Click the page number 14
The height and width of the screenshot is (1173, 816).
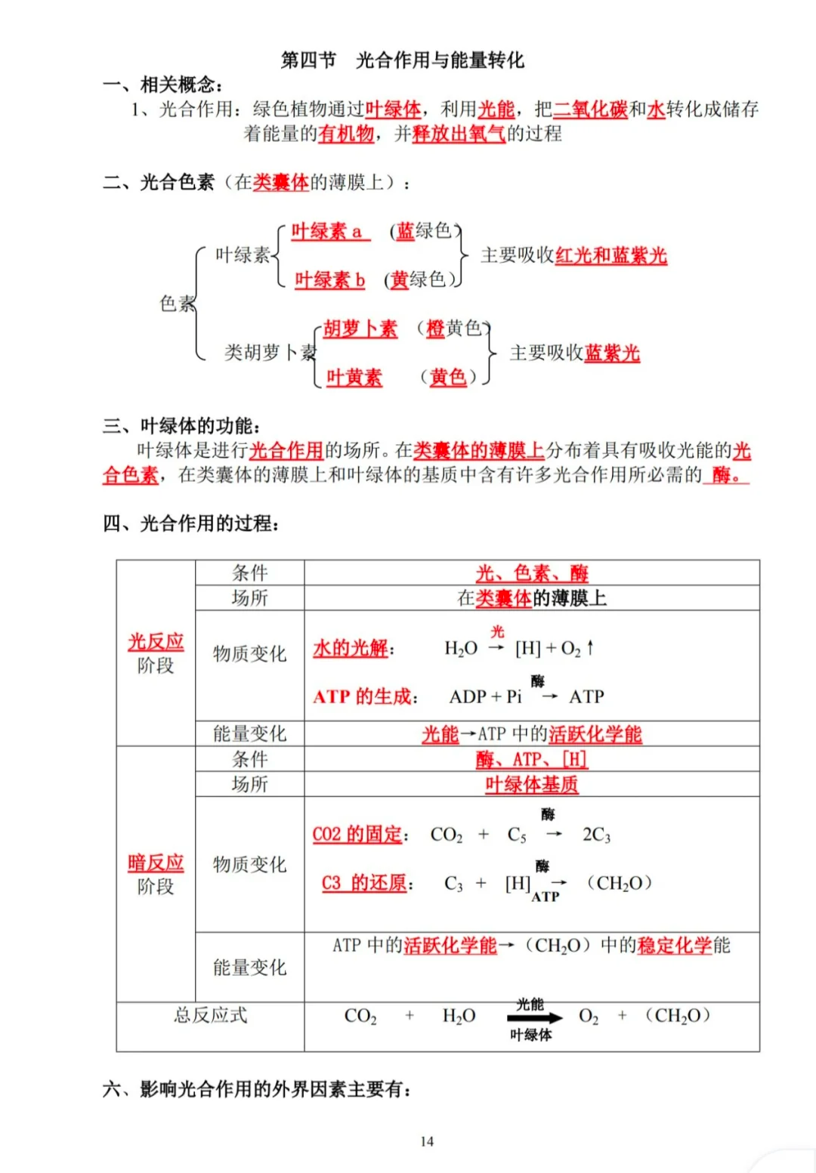click(427, 1141)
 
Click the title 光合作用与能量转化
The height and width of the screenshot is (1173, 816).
click(440, 60)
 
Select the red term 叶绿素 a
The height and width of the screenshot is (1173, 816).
click(326, 231)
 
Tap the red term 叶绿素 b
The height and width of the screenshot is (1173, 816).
click(329, 280)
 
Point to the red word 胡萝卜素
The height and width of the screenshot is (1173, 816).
click(360, 329)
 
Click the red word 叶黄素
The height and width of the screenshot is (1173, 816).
click(354, 377)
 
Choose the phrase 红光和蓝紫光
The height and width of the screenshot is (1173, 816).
click(610, 255)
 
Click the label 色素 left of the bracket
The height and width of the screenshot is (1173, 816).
click(177, 304)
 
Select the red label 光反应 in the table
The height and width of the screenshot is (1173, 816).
click(156, 641)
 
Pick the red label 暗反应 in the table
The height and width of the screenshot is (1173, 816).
click(156, 863)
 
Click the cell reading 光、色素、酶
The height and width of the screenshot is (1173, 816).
click(531, 573)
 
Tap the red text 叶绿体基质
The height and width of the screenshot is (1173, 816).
click(531, 785)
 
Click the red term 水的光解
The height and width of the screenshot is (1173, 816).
click(351, 648)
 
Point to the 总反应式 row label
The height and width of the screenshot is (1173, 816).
click(210, 1015)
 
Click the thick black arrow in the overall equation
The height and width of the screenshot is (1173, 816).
click(534, 1018)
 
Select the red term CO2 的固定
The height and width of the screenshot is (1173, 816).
click(357, 835)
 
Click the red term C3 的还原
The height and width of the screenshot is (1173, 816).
click(364, 883)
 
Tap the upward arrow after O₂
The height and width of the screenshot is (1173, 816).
click(590, 647)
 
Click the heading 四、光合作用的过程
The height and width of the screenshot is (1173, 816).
click(190, 523)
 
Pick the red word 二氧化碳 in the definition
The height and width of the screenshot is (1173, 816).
click(590, 110)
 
